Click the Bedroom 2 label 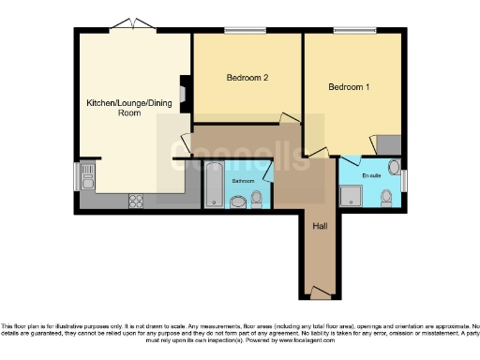point(247,79)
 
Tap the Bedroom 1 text point(348,87)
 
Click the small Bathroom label point(244,180)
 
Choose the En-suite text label point(372,175)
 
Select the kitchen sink point(87,175)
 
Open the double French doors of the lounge point(126,23)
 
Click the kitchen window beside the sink point(76,176)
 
